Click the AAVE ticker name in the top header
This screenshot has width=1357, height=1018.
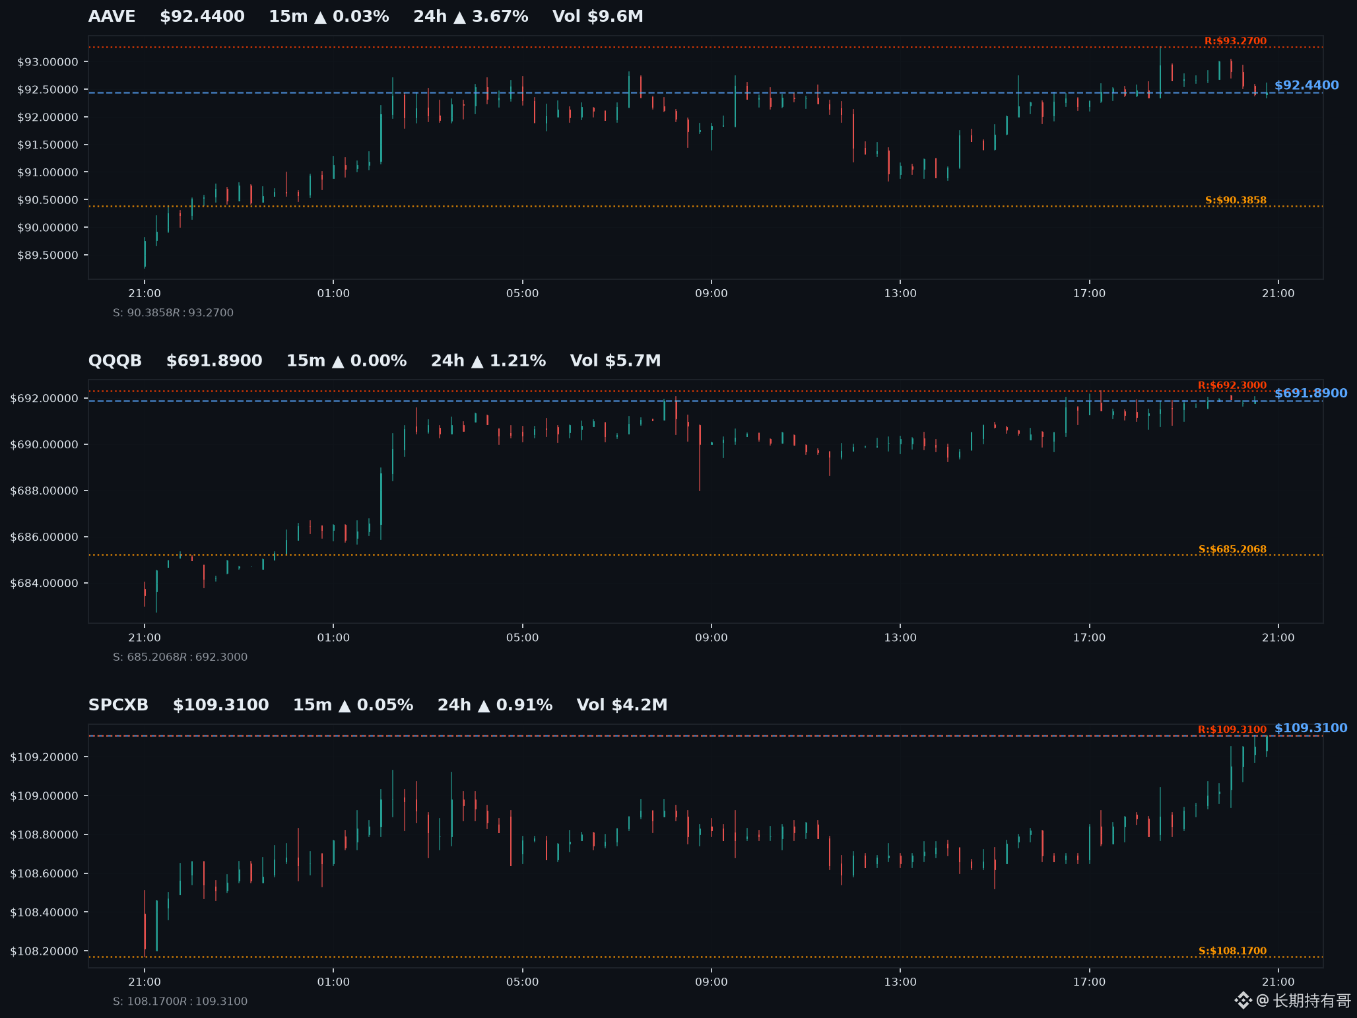pyautogui.click(x=112, y=17)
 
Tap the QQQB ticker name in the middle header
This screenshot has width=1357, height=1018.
pyautogui.click(x=115, y=360)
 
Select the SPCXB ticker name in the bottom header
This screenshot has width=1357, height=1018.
pyautogui.click(x=118, y=705)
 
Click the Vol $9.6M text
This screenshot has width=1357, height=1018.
pyautogui.click(x=597, y=17)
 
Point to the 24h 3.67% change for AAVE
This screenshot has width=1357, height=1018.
pyautogui.click(x=471, y=17)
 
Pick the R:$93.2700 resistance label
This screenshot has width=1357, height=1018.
pyautogui.click(x=1236, y=41)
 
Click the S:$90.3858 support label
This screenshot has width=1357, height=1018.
pyautogui.click(x=1236, y=200)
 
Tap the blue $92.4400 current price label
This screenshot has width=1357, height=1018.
pyautogui.click(x=1306, y=85)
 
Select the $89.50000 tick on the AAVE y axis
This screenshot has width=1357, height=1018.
pyautogui.click(x=48, y=255)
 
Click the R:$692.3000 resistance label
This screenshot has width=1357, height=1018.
pyautogui.click(x=1232, y=386)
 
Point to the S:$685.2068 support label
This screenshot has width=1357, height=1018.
pyautogui.click(x=1232, y=549)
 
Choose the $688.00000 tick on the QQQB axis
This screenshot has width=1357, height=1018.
pyautogui.click(x=44, y=491)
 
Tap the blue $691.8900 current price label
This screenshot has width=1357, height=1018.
pyautogui.click(x=1311, y=393)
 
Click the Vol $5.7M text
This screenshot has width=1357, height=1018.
pyautogui.click(x=615, y=360)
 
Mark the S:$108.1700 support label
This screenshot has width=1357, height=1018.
pyautogui.click(x=1232, y=951)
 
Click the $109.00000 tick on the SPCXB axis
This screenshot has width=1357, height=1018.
pyautogui.click(x=44, y=796)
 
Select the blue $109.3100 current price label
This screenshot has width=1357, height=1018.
pyautogui.click(x=1311, y=728)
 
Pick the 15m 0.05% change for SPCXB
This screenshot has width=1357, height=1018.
pyautogui.click(x=353, y=705)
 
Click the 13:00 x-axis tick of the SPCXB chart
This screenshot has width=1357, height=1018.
pyautogui.click(x=900, y=982)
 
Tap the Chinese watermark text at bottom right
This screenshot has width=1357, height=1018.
pyautogui.click(x=1311, y=1001)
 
